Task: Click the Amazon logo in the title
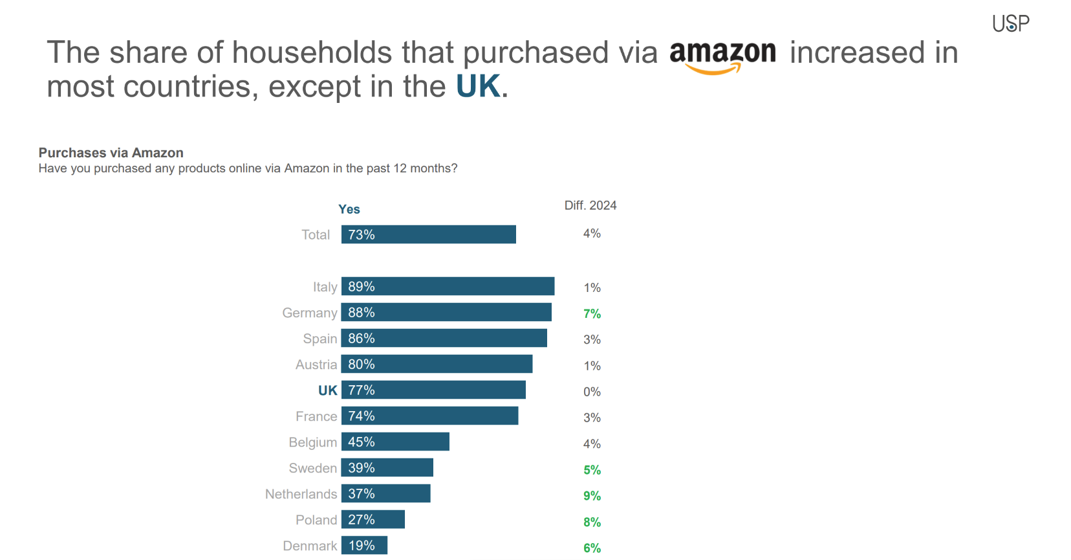(x=722, y=56)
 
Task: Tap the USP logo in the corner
(x=1010, y=24)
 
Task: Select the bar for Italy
(x=448, y=286)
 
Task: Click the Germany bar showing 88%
(x=446, y=312)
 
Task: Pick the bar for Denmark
(x=364, y=545)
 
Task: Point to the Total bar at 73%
(x=428, y=234)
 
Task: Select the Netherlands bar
(x=385, y=493)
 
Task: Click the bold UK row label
(x=327, y=390)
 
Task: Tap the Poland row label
(x=316, y=520)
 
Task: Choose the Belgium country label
(x=312, y=442)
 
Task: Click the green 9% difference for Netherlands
(x=592, y=496)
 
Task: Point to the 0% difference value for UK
(x=592, y=392)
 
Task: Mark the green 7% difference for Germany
(x=592, y=314)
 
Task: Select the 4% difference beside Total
(x=592, y=234)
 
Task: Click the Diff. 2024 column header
(x=590, y=205)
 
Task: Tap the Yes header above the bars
(x=349, y=209)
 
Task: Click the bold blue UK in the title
(x=478, y=87)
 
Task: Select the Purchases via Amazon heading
(x=111, y=153)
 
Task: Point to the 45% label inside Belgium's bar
(x=361, y=442)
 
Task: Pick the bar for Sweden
(x=387, y=467)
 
